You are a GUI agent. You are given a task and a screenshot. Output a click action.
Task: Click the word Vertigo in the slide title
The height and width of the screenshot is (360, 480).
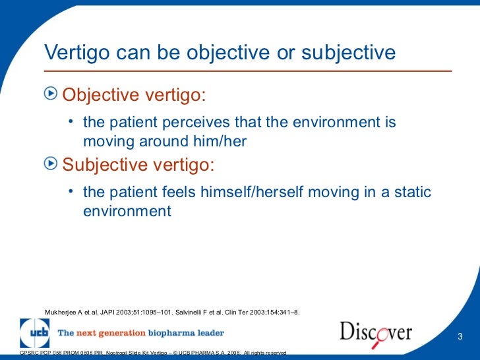click(x=73, y=52)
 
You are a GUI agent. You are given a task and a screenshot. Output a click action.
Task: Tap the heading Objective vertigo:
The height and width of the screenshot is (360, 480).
click(x=135, y=96)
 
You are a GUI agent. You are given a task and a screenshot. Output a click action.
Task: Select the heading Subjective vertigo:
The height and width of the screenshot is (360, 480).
click(x=138, y=164)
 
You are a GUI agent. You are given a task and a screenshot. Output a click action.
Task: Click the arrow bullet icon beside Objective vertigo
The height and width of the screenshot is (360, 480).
click(x=50, y=96)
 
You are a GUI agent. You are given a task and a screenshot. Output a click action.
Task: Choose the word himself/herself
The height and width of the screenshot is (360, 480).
click(x=256, y=193)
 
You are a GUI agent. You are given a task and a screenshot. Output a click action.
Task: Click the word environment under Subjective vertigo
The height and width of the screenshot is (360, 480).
click(x=127, y=212)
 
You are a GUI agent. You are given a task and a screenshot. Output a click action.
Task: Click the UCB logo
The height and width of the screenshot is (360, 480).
click(x=34, y=332)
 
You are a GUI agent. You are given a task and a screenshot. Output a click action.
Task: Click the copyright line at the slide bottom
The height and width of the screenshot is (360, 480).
click(x=153, y=354)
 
